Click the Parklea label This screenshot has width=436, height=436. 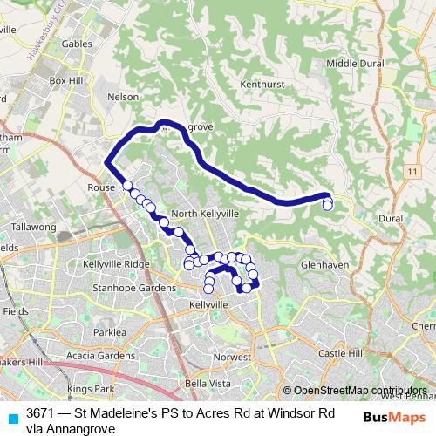[111, 332]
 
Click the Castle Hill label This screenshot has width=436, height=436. [339, 353]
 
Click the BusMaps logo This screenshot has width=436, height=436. [395, 418]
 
